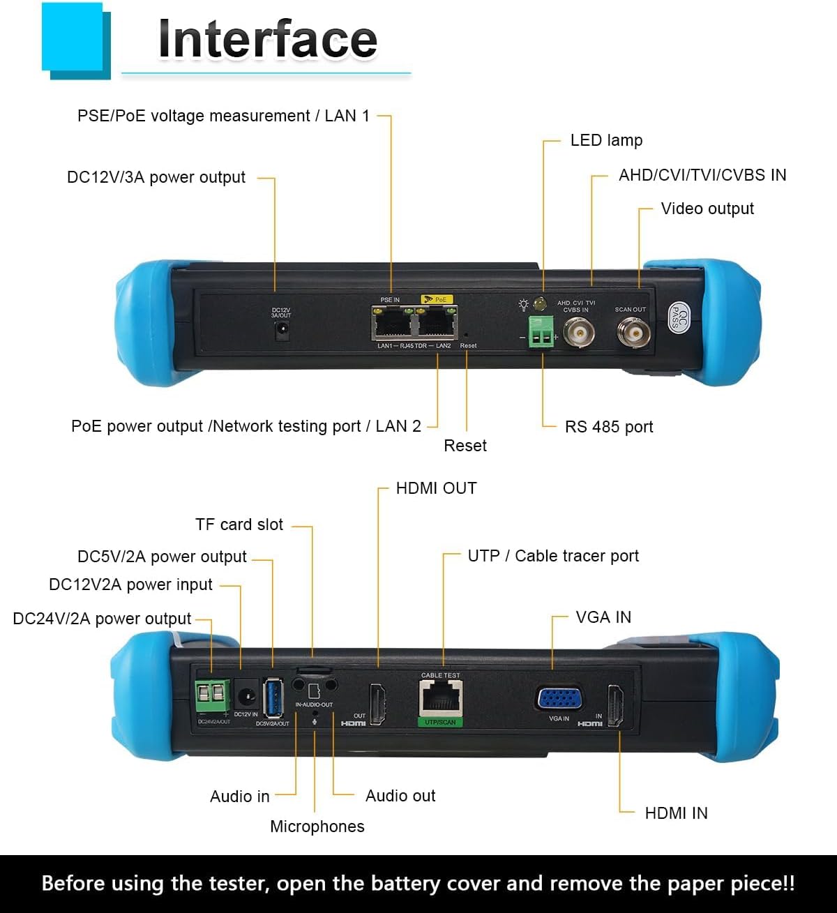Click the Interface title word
click(267, 40)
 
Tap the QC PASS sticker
click(679, 318)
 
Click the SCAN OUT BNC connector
click(633, 333)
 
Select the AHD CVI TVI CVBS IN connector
click(578, 333)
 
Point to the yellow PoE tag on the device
click(437, 299)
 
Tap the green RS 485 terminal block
click(541, 332)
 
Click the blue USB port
click(273, 697)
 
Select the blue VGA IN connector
click(559, 698)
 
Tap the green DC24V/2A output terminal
click(211, 695)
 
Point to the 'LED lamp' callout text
click(606, 140)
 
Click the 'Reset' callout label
click(465, 446)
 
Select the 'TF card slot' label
click(239, 525)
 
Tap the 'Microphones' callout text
click(317, 827)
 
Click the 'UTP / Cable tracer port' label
click(553, 556)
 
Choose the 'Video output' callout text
click(707, 209)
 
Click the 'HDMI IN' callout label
click(676, 813)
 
